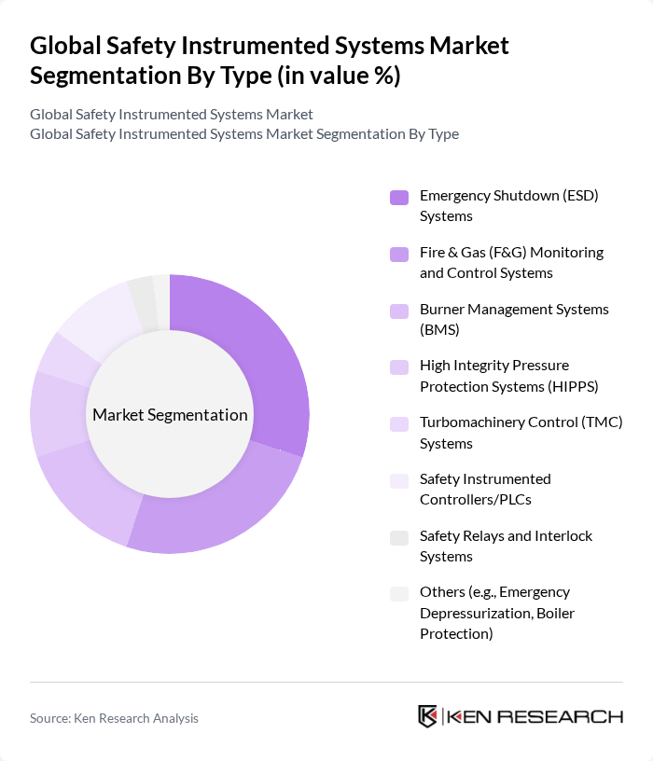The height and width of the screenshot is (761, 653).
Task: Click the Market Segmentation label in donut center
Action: coord(170,414)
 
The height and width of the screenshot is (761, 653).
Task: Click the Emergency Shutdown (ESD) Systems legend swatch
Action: coord(399,197)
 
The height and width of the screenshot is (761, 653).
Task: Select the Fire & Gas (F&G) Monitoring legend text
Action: coord(511,262)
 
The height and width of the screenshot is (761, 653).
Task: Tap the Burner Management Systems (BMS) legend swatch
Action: coord(399,310)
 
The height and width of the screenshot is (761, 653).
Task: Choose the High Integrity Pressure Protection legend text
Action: coord(508,375)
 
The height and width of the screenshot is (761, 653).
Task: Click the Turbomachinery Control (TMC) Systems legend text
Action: coord(521,432)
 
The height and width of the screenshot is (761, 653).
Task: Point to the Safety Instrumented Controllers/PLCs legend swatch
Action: coord(399,480)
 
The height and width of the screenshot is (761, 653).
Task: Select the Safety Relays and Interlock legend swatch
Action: coord(399,537)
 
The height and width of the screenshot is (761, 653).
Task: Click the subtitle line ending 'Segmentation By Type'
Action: coord(244,133)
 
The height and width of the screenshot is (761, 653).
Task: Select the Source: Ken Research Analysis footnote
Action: coord(114,717)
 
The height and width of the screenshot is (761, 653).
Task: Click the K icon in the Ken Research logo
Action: coord(428,716)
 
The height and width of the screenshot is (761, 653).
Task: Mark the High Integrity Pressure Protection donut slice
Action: coord(58,412)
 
